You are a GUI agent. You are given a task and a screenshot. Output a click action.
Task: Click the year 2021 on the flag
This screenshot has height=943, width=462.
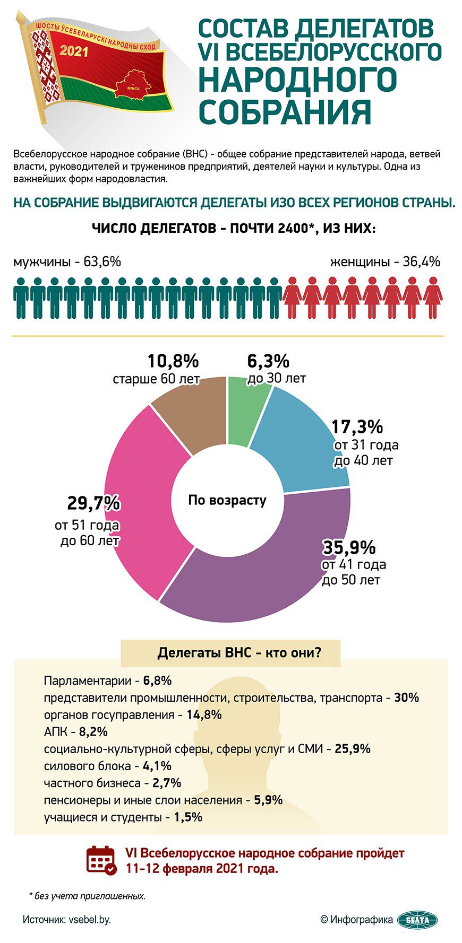click(x=74, y=51)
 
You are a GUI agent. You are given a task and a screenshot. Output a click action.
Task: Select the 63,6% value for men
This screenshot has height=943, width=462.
click(x=102, y=261)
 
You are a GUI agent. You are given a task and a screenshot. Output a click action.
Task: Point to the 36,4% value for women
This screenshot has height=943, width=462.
click(x=421, y=261)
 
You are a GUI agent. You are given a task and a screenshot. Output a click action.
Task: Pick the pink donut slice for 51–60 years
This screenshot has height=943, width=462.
click(x=143, y=509)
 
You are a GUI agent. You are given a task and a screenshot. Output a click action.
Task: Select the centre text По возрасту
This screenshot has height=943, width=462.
click(x=227, y=500)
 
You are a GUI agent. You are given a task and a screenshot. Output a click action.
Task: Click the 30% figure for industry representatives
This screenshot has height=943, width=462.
click(x=406, y=697)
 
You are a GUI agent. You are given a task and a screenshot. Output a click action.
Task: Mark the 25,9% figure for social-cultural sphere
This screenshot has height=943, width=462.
click(x=353, y=748)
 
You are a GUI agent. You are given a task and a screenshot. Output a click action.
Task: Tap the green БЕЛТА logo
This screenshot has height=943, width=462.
click(x=417, y=919)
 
